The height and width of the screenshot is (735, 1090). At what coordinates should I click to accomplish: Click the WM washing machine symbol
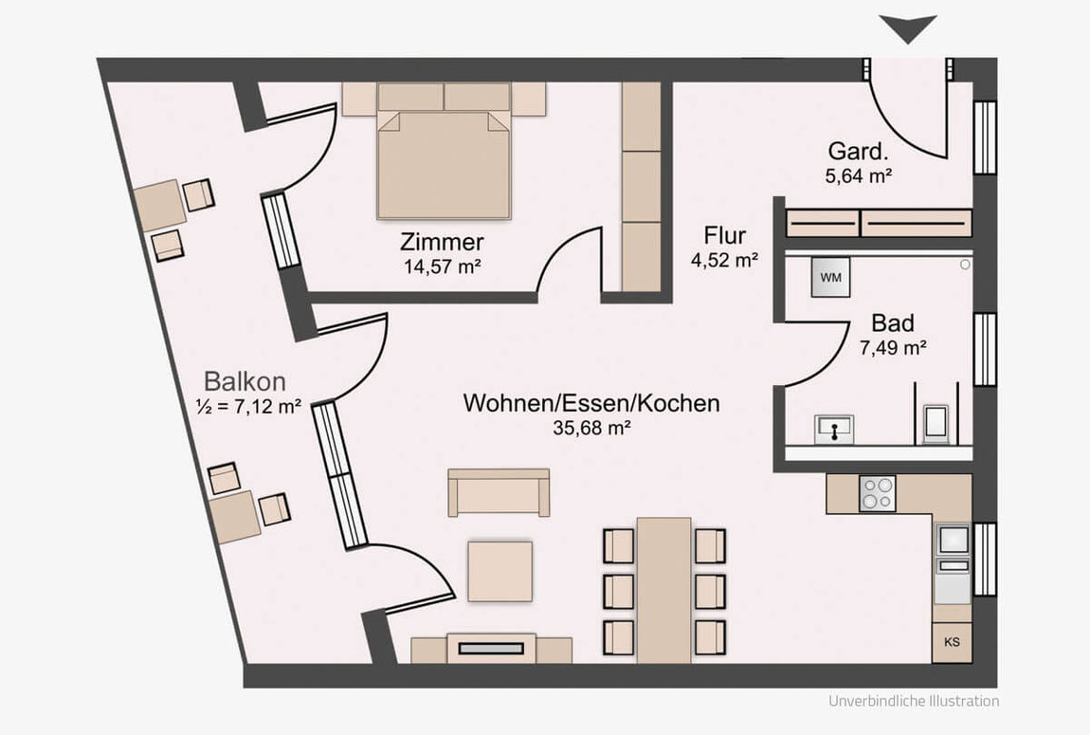tap(830, 278)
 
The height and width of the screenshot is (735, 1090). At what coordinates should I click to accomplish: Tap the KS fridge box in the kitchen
tap(952, 642)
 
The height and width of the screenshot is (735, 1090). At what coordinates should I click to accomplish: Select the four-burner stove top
tap(878, 493)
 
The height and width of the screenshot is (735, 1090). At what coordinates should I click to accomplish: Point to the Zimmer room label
tap(442, 242)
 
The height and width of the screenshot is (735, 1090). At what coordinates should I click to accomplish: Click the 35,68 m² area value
tap(591, 428)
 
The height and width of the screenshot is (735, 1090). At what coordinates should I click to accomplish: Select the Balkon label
tap(245, 381)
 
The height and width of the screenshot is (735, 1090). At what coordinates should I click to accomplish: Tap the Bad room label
tap(893, 323)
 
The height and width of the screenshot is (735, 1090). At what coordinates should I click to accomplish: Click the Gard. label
tap(858, 151)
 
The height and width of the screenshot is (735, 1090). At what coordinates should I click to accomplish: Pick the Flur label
tap(725, 236)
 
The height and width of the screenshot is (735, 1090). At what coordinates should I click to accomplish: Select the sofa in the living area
tap(499, 492)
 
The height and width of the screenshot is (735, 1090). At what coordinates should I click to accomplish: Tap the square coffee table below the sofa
tap(500, 571)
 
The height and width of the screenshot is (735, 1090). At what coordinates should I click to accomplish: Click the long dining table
tap(663, 590)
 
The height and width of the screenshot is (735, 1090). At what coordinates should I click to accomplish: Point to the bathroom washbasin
tap(834, 429)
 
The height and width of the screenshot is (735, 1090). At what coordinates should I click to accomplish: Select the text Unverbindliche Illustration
tap(914, 701)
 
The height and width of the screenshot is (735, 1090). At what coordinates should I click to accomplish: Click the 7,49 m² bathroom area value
tap(893, 347)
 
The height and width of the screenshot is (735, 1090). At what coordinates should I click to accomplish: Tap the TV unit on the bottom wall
tap(492, 648)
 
